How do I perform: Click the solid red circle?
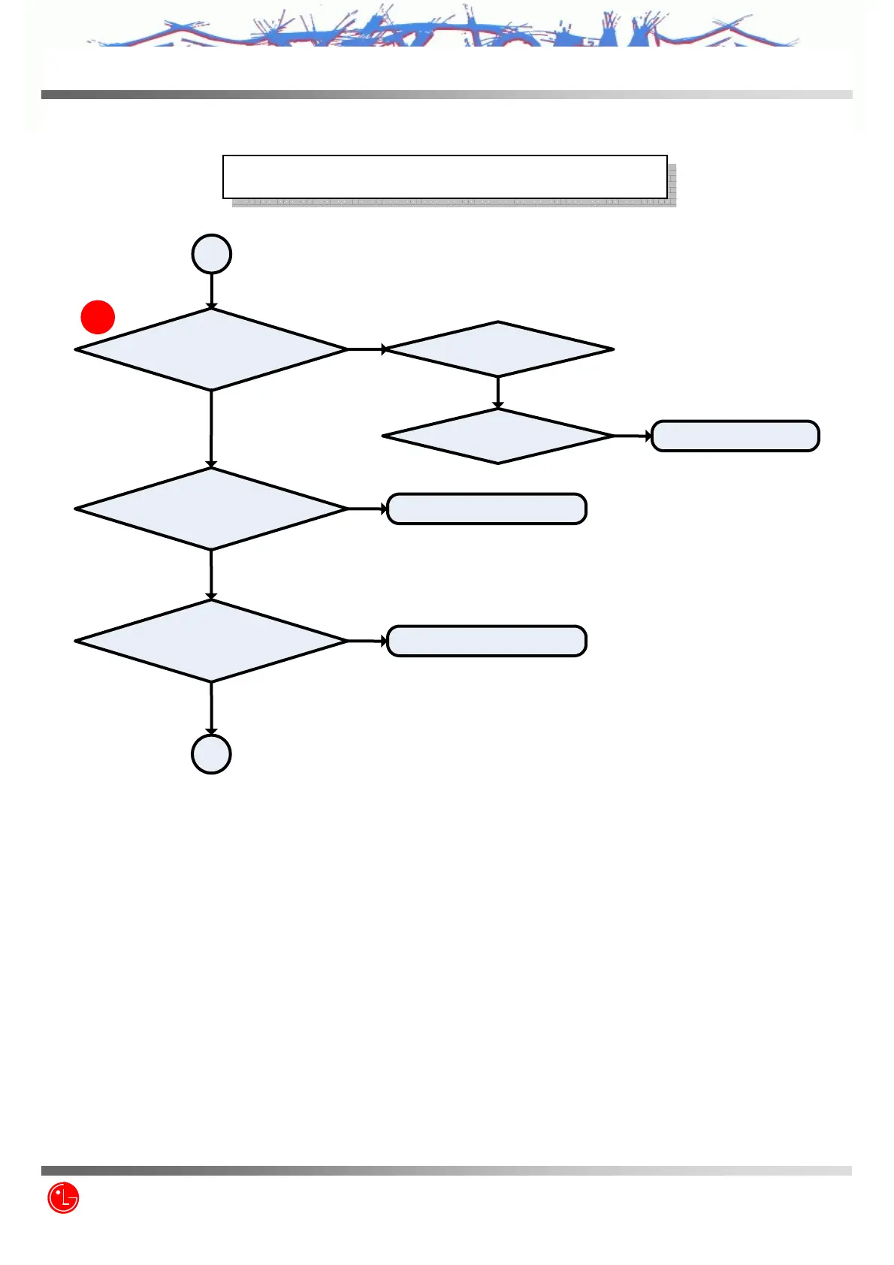[98, 317]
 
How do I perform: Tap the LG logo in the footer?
[63, 1197]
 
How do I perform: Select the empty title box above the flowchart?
[445, 177]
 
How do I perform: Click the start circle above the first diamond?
[211, 254]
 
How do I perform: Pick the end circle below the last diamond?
[211, 754]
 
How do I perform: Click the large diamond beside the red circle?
[211, 349]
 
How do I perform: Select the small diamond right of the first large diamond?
[498, 349]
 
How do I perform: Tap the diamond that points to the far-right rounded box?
[498, 436]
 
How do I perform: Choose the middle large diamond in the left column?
[211, 509]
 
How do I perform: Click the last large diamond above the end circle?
[211, 641]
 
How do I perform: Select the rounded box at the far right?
[735, 436]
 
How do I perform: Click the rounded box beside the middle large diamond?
[486, 509]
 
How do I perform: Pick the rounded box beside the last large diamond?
[486, 641]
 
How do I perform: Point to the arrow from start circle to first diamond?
[211, 291]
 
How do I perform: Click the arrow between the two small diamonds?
[498, 392]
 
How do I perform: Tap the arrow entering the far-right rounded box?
[633, 436]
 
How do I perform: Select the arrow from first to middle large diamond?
[211, 429]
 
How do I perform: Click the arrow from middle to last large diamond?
[211, 575]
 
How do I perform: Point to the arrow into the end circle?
[211, 708]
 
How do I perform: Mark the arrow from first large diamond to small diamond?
[367, 349]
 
